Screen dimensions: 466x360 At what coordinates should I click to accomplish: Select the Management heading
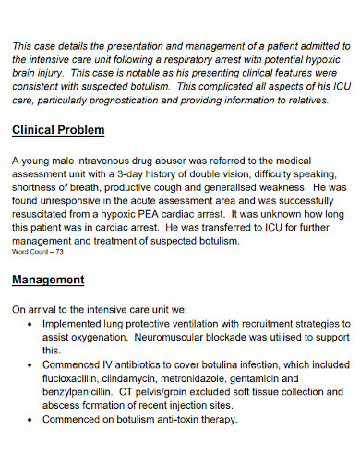click(x=48, y=279)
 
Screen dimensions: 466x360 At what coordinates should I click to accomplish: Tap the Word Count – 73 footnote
click(x=38, y=251)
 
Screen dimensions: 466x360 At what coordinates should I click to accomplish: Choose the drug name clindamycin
click(x=153, y=378)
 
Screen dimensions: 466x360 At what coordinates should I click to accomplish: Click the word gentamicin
click(x=306, y=378)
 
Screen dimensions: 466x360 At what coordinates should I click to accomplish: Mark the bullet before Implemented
click(x=31, y=325)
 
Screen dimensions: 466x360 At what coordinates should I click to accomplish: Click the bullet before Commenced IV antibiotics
click(x=31, y=364)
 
